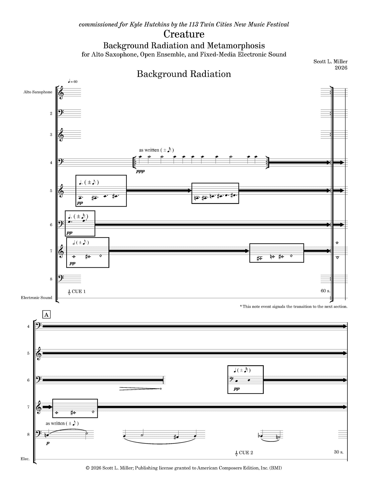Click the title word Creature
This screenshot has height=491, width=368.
pyautogui.click(x=184, y=34)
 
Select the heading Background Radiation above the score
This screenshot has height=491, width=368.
pyautogui.click(x=184, y=74)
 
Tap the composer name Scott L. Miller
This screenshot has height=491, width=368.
pyautogui.click(x=331, y=61)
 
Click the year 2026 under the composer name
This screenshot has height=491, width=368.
pyautogui.click(x=341, y=68)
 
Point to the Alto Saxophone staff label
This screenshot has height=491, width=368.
pyautogui.click(x=38, y=92)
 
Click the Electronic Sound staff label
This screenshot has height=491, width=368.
pyautogui.click(x=36, y=298)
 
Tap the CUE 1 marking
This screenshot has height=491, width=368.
pyautogui.click(x=77, y=292)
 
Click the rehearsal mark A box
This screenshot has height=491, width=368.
pyautogui.click(x=46, y=315)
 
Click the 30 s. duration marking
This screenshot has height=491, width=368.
pyautogui.click(x=339, y=452)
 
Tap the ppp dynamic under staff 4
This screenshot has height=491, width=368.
pyautogui.click(x=140, y=171)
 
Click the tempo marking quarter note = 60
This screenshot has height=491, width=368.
pyautogui.click(x=73, y=82)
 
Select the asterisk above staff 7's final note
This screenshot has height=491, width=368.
pyautogui.click(x=337, y=243)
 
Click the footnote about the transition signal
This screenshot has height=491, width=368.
pyautogui.click(x=294, y=307)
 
